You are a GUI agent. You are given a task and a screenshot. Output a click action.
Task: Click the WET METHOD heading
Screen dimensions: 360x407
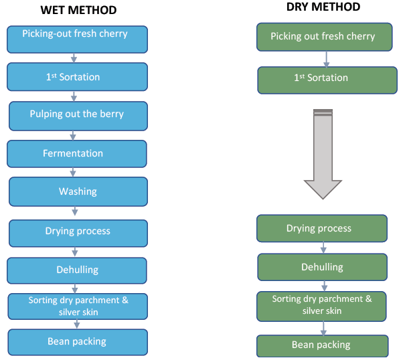pos(78,10)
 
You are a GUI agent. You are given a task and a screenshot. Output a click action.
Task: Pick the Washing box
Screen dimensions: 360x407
pos(78,192)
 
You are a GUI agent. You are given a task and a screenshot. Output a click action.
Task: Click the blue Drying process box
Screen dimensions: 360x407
pos(78,232)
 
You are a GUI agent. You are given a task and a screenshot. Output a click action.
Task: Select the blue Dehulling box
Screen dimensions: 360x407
pos(77,270)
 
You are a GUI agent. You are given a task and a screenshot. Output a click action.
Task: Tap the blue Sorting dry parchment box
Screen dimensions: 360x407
pos(78,306)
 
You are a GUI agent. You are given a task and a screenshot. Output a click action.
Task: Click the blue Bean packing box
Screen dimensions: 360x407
pos(77,341)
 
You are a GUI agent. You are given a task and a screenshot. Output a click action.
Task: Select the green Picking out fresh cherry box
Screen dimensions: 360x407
pos(323,37)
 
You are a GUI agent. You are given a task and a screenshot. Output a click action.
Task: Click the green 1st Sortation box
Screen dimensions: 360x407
pos(323,78)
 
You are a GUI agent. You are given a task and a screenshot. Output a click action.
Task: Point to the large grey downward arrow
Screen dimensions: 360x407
pos(323,154)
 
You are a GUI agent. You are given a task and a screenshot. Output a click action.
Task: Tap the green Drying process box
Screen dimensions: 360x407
pos(322,228)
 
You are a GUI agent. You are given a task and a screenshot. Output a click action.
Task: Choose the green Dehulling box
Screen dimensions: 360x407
pos(322,267)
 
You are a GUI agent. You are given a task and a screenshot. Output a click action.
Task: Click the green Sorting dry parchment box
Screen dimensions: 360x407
pos(322,304)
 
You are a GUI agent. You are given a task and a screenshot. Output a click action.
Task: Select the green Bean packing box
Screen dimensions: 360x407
pos(323,345)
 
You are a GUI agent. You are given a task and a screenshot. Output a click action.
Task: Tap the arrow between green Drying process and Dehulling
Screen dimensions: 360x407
pos(323,248)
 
